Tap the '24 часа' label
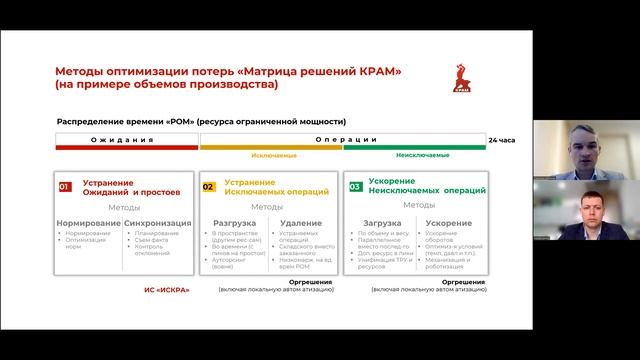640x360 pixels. [x=503, y=139]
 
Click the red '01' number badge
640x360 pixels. [x=65, y=185]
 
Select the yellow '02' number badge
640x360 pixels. [x=208, y=185]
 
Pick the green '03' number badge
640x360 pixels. [x=355, y=185]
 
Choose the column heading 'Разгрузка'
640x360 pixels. [x=233, y=223]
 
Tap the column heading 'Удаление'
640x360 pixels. [x=301, y=223]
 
